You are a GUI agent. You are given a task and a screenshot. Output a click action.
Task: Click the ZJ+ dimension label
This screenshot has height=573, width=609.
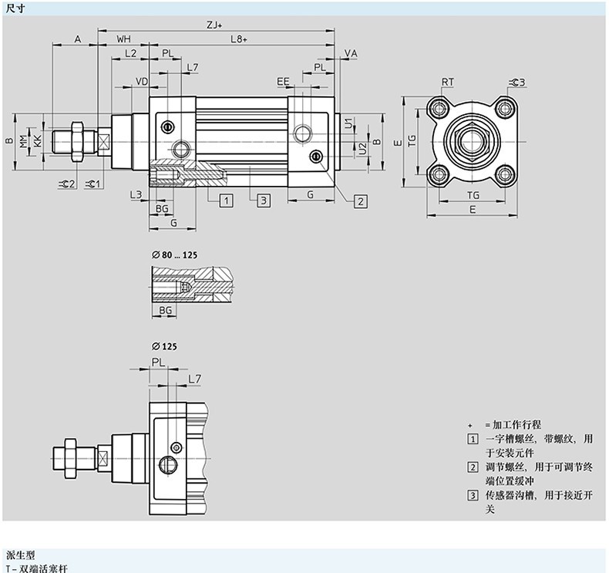pyautogui.click(x=215, y=24)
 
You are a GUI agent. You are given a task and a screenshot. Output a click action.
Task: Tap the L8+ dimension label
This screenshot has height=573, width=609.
pyautogui.click(x=239, y=39)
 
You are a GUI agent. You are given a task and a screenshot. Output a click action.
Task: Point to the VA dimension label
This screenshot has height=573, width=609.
pyautogui.click(x=351, y=53)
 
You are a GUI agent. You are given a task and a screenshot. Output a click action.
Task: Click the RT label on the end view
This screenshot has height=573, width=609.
pyautogui.click(x=447, y=82)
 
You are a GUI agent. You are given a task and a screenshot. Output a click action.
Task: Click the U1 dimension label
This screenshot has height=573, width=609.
pyautogui.click(x=348, y=123)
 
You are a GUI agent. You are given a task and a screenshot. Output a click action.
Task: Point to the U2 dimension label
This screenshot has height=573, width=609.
pyautogui.click(x=362, y=147)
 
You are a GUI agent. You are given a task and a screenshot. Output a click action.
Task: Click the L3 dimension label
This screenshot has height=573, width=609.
pyautogui.click(x=136, y=194)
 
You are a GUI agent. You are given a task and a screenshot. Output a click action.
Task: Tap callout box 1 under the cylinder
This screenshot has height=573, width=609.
pyautogui.click(x=226, y=201)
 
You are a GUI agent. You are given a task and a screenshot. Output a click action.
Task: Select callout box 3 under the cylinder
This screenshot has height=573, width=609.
pyautogui.click(x=262, y=201)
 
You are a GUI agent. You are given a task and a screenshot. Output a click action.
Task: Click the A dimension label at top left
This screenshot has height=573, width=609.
pyautogui.click(x=77, y=39)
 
